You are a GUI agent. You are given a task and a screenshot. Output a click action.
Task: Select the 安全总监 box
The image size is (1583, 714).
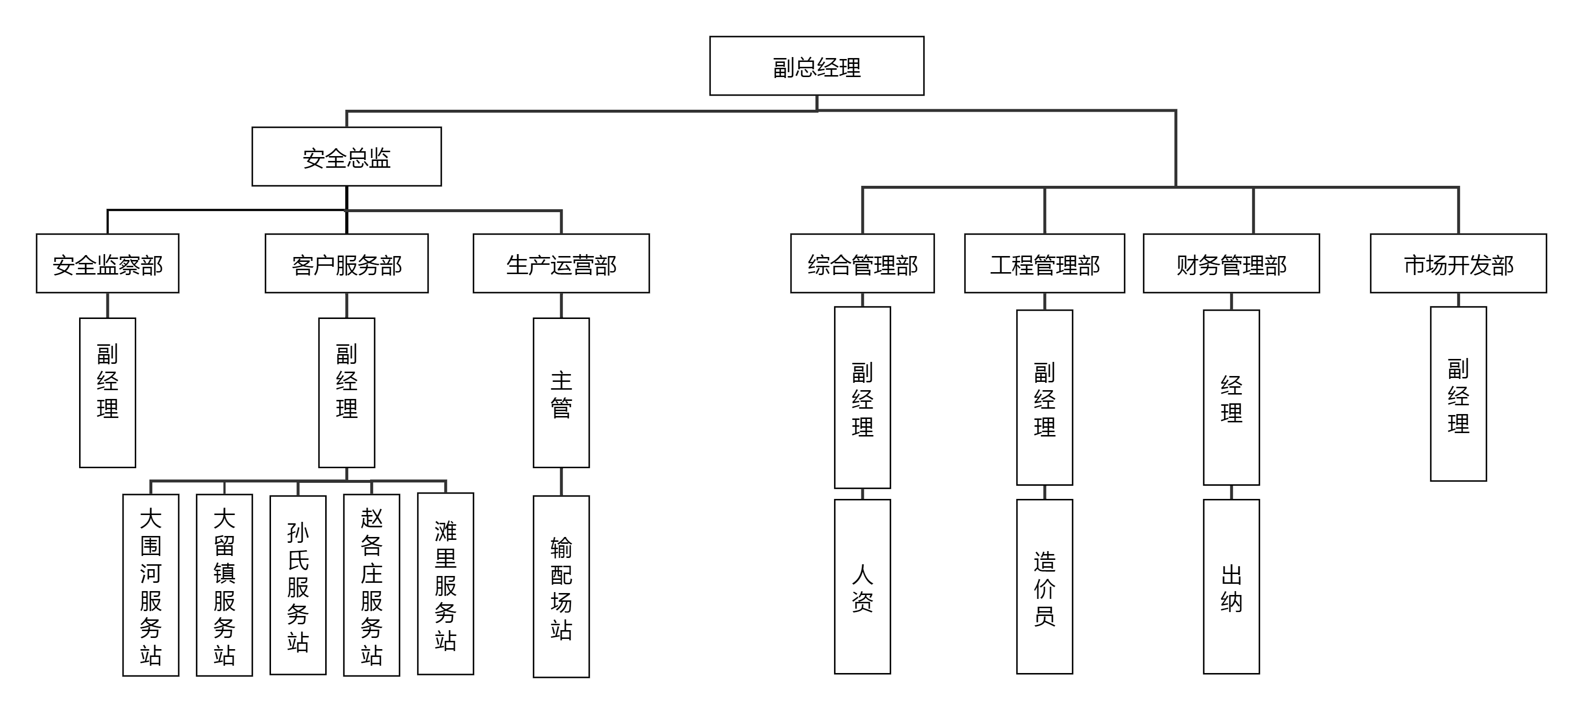pos(347,157)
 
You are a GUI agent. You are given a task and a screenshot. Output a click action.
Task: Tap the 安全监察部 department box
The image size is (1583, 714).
pos(107,263)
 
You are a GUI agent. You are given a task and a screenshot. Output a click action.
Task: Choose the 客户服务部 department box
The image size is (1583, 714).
pos(347,263)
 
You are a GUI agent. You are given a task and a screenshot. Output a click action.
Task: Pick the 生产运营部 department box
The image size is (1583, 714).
pos(561,263)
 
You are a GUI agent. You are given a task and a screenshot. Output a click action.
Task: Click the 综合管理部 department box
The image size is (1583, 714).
pos(862,263)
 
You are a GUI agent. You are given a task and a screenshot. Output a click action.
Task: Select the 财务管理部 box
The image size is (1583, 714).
pos(1231,263)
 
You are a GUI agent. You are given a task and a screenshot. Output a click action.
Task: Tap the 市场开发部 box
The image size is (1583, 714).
pos(1458,263)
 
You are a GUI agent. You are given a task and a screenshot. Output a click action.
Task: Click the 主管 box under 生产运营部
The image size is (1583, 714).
pos(561,393)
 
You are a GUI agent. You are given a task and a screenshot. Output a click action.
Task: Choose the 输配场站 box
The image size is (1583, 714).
pos(561,586)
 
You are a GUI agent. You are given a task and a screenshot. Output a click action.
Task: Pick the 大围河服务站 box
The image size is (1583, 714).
pos(150,585)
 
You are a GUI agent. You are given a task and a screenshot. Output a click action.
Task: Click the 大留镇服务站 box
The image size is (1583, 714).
pos(224,585)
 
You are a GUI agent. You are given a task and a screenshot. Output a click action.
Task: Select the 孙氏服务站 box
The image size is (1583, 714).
pos(298,585)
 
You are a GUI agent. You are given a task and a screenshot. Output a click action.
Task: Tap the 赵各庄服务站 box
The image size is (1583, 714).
pos(372,585)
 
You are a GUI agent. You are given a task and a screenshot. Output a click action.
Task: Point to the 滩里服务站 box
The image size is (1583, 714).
pos(445,584)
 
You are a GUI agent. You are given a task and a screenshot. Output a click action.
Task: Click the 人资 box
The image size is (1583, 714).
pos(862,586)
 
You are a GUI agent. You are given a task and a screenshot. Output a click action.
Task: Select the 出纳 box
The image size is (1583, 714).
pos(1231,586)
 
